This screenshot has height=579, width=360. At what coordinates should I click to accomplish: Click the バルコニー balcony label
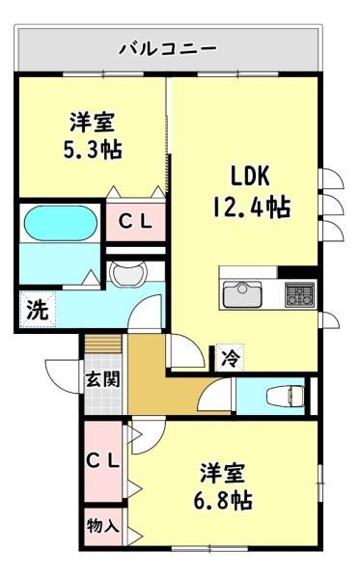coord(168,49)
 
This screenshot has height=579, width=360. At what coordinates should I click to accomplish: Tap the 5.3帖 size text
coord(93,150)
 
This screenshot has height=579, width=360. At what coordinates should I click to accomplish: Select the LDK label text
coord(250,176)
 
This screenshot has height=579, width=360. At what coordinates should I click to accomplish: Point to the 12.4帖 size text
coord(251,207)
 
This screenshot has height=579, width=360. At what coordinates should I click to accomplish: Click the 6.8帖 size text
coord(223,501)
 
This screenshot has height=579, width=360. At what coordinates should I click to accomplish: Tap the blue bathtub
coord(61,224)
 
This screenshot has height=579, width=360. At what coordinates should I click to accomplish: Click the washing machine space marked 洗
coord(38,309)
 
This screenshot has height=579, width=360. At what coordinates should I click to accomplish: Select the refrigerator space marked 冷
coord(231,357)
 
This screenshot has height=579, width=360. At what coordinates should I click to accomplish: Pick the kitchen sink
coord(242,294)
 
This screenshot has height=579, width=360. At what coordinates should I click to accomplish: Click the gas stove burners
coord(300,294)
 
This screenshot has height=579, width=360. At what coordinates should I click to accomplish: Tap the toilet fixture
coord(285,397)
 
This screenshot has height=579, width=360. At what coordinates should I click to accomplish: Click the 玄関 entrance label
coord(103,378)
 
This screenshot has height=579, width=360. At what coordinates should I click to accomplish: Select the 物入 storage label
coord(103,526)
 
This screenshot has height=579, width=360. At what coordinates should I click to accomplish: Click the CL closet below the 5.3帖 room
coord(135,221)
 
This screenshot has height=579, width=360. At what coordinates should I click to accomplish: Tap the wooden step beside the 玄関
coord(103,344)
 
